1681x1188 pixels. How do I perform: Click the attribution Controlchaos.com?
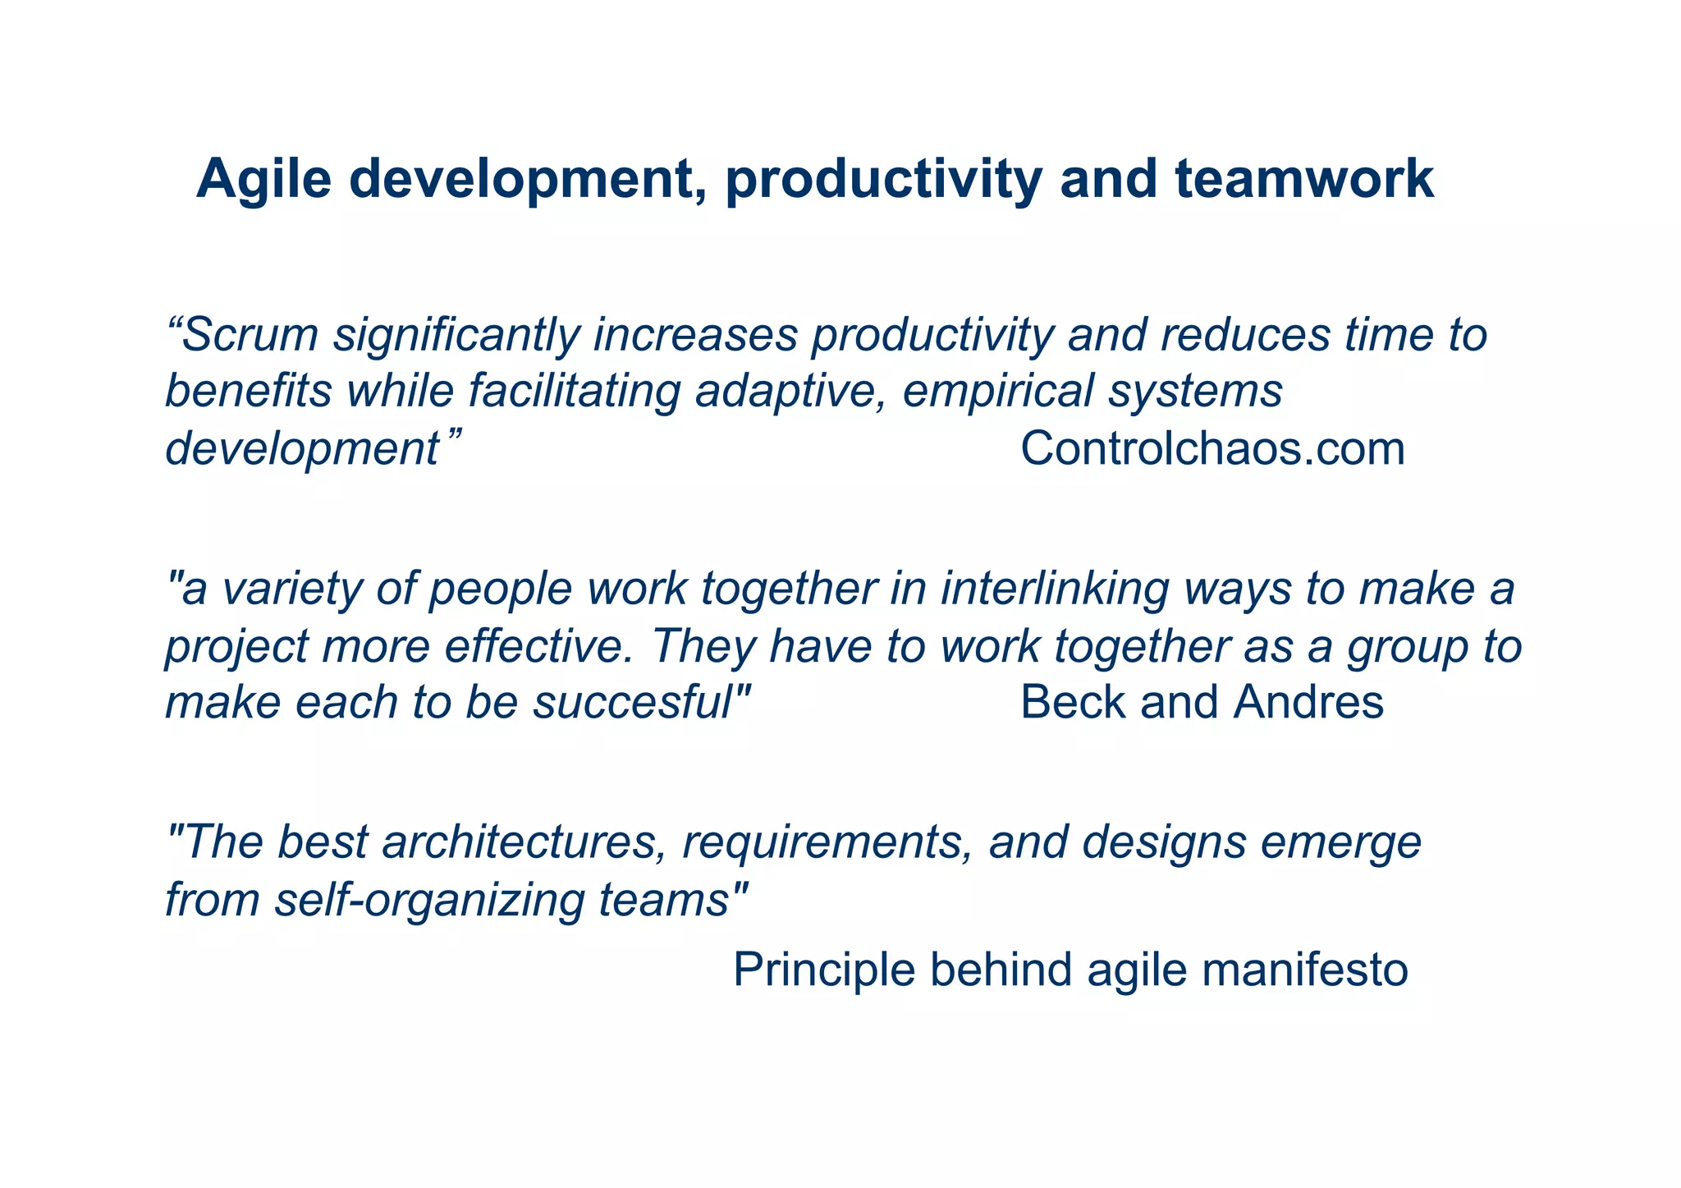coord(1212,449)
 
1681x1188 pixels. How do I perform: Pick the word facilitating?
coord(575,391)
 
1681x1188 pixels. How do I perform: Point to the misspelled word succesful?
coord(632,703)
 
